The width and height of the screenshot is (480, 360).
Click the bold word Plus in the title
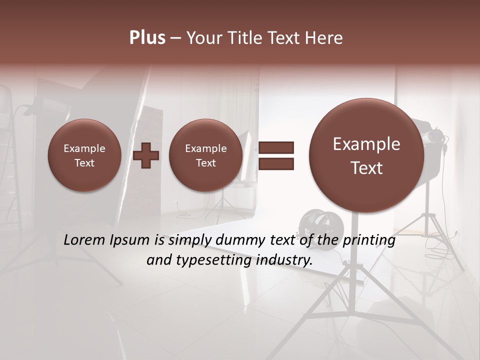[x=147, y=38]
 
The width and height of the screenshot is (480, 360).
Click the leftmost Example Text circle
[x=84, y=155]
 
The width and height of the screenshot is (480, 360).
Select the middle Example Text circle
[x=205, y=155]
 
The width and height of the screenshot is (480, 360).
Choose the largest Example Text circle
[x=366, y=155]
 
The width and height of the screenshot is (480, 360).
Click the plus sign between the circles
[x=146, y=155]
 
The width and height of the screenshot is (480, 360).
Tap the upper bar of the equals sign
[x=276, y=147]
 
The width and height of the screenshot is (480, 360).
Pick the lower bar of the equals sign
[x=276, y=163]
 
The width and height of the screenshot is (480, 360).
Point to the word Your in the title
[x=202, y=38]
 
